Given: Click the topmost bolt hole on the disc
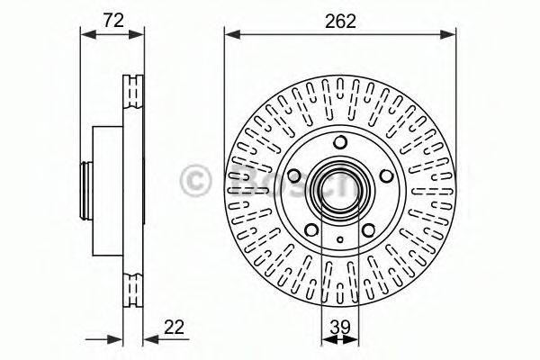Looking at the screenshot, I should click(x=340, y=143).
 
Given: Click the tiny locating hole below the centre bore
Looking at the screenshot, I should click(x=340, y=238).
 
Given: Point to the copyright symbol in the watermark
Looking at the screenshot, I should click(x=195, y=179).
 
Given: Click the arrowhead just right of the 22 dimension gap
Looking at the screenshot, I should click(x=149, y=339).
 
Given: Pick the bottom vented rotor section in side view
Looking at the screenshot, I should click(x=132, y=289).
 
